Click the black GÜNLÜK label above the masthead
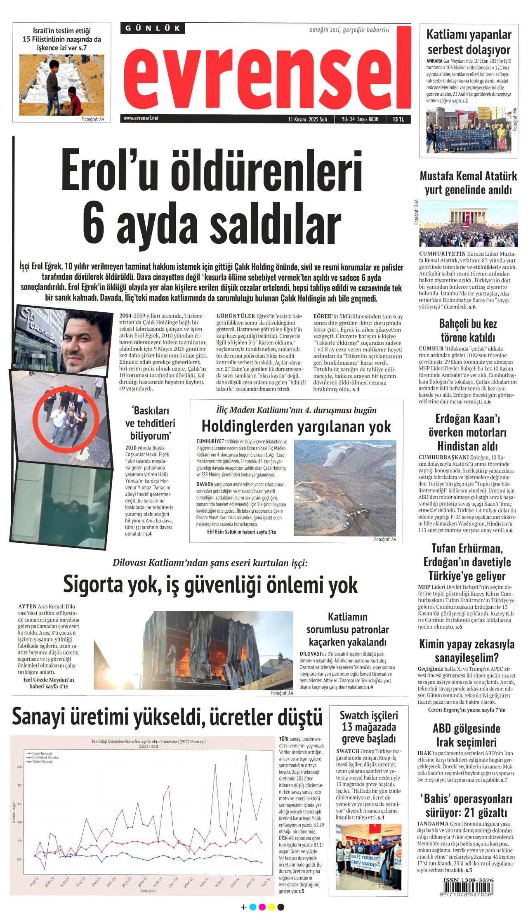[153, 28]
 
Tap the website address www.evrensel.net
[141, 118]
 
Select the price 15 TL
[398, 119]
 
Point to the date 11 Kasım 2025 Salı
[307, 119]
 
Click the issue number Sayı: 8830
[368, 119]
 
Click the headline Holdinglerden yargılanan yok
[296, 427]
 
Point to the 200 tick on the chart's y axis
[19, 767]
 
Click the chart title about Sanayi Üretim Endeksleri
[148, 743]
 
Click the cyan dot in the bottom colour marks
[253, 907]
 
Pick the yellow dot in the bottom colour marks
[271, 907]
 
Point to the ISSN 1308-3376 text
[468, 880]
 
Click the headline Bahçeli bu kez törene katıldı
[468, 330]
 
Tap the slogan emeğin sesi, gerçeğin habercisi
[349, 30]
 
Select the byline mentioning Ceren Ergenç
[467, 710]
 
